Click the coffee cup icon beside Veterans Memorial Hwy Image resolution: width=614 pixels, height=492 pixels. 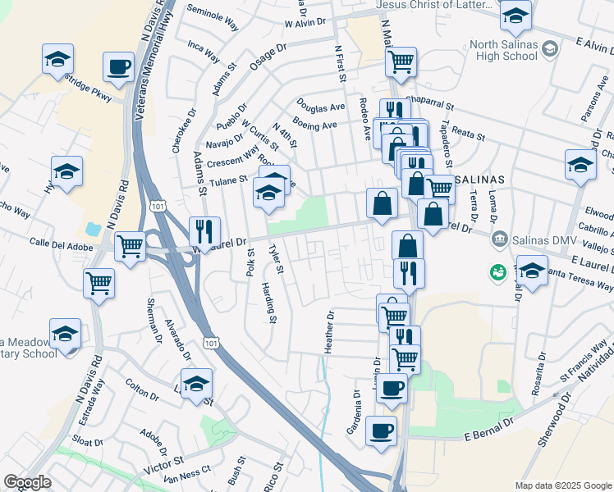tap(118, 66)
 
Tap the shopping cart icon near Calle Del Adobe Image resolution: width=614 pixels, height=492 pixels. tap(130, 245)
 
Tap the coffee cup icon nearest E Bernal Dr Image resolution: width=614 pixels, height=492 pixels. tap(381, 430)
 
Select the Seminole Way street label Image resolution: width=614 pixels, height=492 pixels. tap(213, 18)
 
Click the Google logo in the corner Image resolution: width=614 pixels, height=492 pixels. tap(27, 482)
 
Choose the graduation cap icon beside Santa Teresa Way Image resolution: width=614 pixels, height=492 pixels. tap(531, 271)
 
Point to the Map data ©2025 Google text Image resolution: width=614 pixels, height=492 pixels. tap(562, 485)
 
